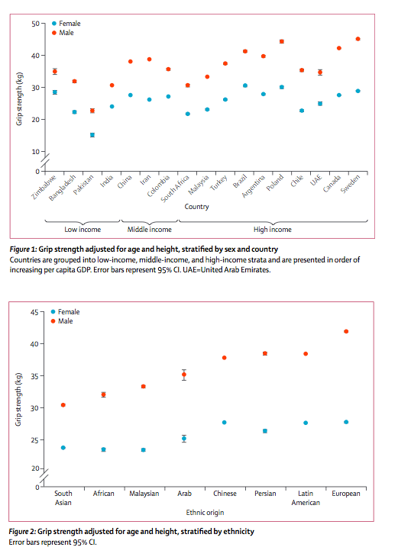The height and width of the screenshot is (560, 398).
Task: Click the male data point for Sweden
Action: click(x=358, y=39)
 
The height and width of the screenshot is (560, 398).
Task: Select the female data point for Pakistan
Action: click(x=92, y=135)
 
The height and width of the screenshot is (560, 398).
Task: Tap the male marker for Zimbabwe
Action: click(x=54, y=71)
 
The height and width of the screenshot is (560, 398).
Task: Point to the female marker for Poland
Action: click(x=282, y=87)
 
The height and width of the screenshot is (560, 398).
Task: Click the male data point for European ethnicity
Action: click(x=347, y=331)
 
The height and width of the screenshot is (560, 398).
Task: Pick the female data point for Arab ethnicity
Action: click(x=184, y=439)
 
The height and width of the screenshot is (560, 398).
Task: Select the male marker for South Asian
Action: click(x=63, y=405)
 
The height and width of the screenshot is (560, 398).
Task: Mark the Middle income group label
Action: click(x=147, y=228)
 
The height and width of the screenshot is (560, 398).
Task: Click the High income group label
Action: click(x=272, y=228)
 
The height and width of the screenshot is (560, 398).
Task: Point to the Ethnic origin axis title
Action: click(x=205, y=511)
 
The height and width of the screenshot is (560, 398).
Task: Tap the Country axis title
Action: click(x=197, y=206)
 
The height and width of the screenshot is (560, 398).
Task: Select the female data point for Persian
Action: click(x=265, y=431)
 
